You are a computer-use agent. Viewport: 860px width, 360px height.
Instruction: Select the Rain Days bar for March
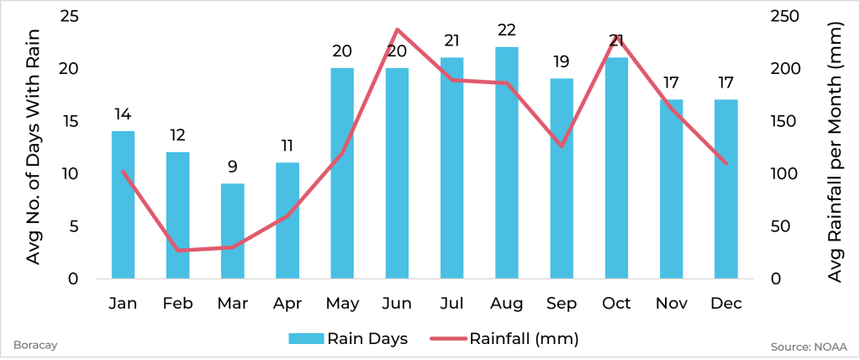[233, 230]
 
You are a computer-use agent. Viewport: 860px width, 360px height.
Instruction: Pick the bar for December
[726, 188]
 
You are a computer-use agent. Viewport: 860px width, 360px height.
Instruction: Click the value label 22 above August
[507, 29]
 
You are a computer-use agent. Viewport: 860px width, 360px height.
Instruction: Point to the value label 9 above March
[233, 166]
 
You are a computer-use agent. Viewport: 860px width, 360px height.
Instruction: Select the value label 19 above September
[562, 61]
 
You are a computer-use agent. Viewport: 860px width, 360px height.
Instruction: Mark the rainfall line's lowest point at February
[178, 250]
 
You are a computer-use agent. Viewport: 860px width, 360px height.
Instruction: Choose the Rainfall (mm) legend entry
[504, 339]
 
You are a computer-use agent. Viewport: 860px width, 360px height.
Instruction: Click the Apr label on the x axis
[288, 303]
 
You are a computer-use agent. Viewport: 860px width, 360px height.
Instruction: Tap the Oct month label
[616, 303]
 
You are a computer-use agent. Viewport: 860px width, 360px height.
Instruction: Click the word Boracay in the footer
[29, 345]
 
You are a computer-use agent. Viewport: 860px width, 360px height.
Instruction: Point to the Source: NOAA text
[808, 346]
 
